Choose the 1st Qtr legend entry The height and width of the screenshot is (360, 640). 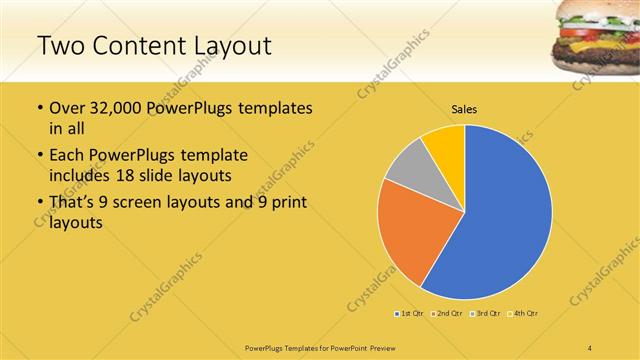point(410,313)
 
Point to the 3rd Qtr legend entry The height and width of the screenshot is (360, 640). point(486,313)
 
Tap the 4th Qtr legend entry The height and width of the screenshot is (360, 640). point(525,313)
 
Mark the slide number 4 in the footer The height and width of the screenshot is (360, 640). point(589,347)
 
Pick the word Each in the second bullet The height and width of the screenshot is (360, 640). point(67,155)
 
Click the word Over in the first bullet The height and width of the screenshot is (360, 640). point(68,108)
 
